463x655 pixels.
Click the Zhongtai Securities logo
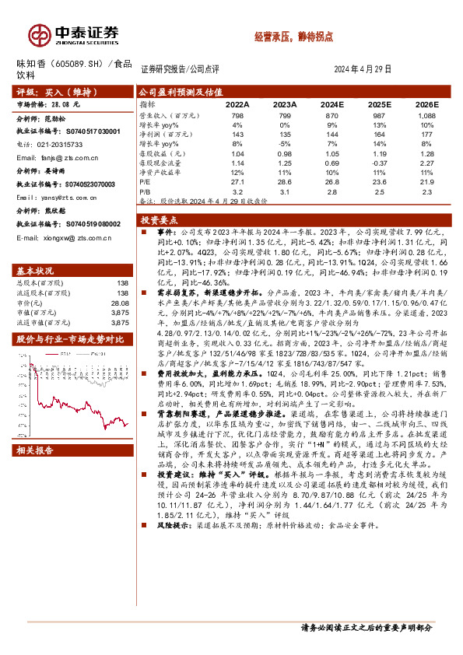click(74, 33)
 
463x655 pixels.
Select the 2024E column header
click(331, 103)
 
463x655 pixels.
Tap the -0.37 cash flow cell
click(380, 164)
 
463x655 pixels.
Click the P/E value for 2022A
click(237, 184)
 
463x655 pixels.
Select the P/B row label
click(146, 191)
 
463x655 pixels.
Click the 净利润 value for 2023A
click(285, 135)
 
